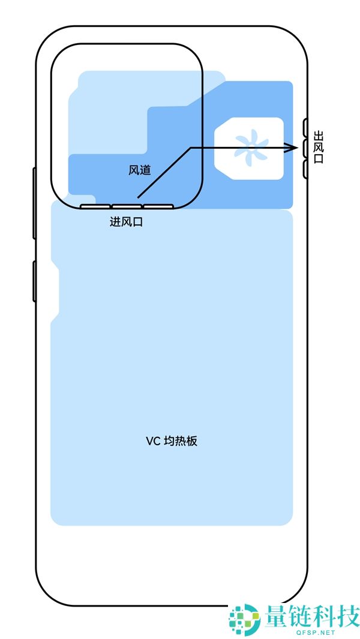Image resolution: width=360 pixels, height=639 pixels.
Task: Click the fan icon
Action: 248,148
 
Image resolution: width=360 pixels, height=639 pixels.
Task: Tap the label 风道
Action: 139,170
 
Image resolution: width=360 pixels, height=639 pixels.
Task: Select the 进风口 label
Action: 126,222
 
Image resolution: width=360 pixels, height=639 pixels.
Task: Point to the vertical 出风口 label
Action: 319,148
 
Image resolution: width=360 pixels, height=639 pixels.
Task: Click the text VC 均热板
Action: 172,441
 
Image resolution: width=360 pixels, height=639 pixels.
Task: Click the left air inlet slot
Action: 95,206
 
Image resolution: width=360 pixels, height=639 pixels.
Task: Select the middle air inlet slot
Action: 127,206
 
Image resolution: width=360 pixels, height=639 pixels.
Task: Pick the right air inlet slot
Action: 158,206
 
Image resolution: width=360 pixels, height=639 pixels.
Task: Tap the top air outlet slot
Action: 305,127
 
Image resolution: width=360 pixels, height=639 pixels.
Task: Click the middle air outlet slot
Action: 305,148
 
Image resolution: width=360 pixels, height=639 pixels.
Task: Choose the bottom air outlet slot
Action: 305,169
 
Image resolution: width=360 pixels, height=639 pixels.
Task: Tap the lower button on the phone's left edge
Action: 34,281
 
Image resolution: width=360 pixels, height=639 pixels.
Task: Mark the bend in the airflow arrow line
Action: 191,148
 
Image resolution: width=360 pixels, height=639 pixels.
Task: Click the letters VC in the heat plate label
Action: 152,441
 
